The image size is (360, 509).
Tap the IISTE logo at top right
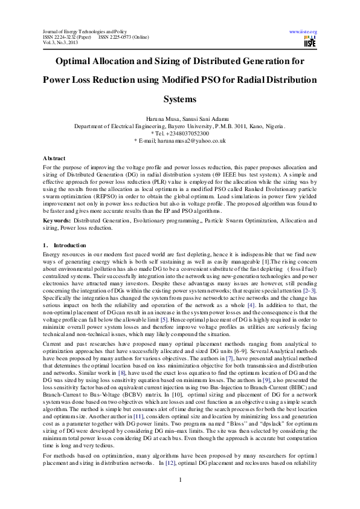(310, 42)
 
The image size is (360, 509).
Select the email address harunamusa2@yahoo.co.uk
(193, 140)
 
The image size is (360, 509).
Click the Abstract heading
(54, 158)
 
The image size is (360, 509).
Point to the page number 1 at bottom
(180, 496)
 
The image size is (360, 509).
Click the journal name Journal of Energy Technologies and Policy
(83, 31)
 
